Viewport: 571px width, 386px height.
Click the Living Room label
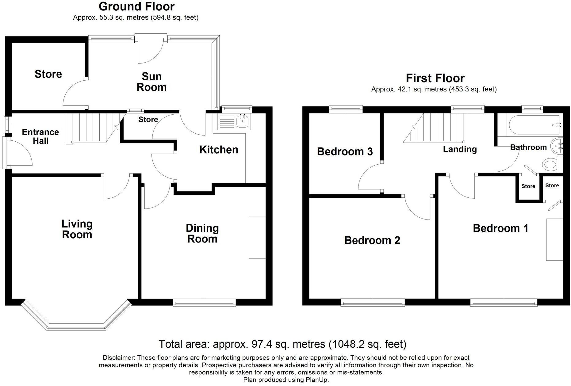77,229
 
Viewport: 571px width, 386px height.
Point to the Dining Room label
202,234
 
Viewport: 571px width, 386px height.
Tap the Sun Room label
151,82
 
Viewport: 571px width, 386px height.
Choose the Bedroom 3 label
345,151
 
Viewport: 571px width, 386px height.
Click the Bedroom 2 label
372,240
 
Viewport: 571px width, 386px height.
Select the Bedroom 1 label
500,228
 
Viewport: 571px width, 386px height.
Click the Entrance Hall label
40,136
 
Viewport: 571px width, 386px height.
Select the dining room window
204,303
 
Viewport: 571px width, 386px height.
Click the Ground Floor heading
136,6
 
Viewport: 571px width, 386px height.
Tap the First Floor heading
435,78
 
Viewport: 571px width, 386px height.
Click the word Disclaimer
119,358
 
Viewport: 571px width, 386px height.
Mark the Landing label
460,150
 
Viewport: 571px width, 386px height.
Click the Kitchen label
219,150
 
